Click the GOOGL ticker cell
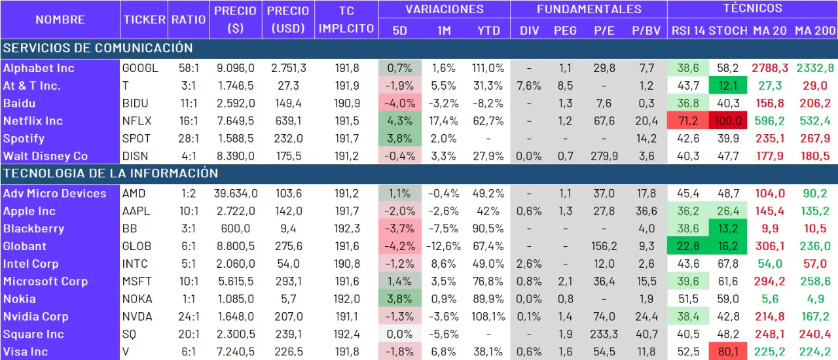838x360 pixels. (140, 68)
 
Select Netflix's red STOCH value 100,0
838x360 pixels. (728, 121)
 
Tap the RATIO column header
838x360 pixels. (189, 20)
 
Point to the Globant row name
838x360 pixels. (25, 246)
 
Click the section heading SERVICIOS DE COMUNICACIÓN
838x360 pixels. (98, 48)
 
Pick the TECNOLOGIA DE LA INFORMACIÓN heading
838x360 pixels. (111, 173)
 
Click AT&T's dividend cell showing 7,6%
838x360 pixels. (529, 86)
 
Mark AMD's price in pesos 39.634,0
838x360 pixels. (236, 194)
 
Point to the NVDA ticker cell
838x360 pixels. (137, 317)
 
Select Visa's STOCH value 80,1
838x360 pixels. (728, 352)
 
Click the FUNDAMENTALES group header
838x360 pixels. (589, 9)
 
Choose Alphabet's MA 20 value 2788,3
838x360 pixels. (769, 68)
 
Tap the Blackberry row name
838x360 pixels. (33, 228)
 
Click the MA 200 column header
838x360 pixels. (814, 30)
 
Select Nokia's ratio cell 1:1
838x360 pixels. (189, 299)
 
